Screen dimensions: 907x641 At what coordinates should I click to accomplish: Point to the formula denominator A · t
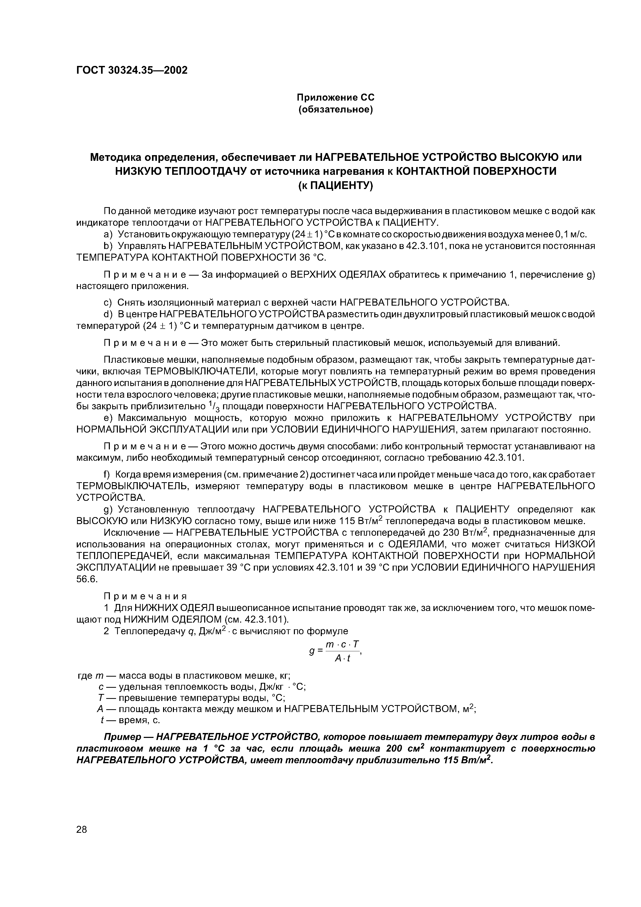click(x=342, y=658)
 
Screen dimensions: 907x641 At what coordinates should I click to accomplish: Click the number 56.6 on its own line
click(x=87, y=579)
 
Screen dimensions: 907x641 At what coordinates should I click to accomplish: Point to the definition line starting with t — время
click(x=130, y=720)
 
